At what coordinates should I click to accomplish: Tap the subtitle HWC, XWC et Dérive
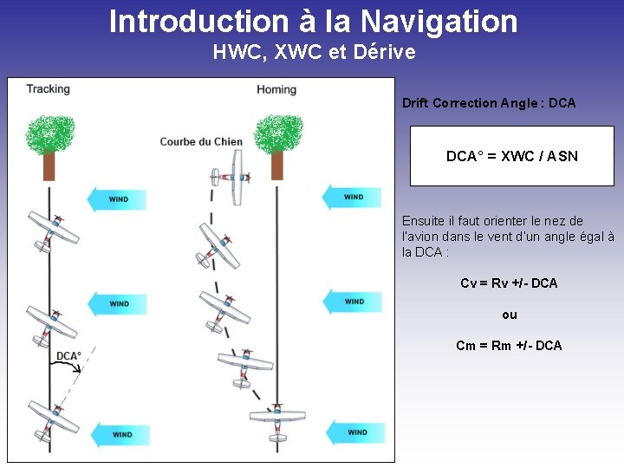(314, 52)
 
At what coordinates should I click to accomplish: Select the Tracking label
(48, 89)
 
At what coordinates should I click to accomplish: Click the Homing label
(276, 89)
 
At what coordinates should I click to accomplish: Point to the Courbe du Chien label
(201, 141)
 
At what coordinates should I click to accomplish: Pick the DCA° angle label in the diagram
(68, 356)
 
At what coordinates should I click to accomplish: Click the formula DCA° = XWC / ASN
(511, 157)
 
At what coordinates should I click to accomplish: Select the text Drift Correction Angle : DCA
(489, 103)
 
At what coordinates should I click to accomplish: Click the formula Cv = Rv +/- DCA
(509, 283)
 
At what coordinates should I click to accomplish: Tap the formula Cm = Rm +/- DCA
(509, 346)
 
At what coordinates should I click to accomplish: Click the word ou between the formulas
(510, 315)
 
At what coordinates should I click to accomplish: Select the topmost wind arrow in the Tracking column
(116, 199)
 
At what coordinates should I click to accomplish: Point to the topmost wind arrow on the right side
(351, 197)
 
